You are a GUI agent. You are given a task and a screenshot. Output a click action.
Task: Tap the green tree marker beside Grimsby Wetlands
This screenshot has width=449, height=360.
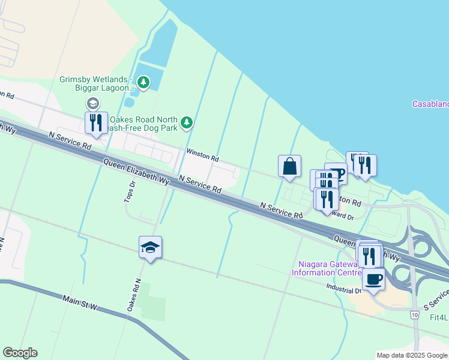[143, 82]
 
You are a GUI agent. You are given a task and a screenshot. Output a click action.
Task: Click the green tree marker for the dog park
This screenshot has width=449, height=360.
[187, 122]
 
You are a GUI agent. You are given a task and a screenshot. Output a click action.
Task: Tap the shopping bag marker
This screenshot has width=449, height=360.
[289, 166]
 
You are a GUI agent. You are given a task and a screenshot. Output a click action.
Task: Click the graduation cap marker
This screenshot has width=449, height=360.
[150, 247]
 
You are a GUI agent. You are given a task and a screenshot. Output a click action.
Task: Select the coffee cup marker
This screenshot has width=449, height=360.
[373, 279]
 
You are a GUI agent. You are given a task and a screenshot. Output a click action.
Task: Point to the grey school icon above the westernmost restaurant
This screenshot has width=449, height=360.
[92, 103]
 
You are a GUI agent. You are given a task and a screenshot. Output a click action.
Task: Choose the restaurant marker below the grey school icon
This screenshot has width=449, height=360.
[96, 123]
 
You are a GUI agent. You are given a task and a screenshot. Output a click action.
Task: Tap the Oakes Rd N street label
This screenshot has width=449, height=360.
[133, 295]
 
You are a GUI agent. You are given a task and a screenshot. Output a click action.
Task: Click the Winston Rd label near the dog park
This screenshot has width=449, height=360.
[202, 155]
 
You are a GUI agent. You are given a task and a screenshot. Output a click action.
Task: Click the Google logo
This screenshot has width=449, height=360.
[20, 353]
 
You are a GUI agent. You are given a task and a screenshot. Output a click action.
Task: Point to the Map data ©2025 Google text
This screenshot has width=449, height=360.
[411, 355]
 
